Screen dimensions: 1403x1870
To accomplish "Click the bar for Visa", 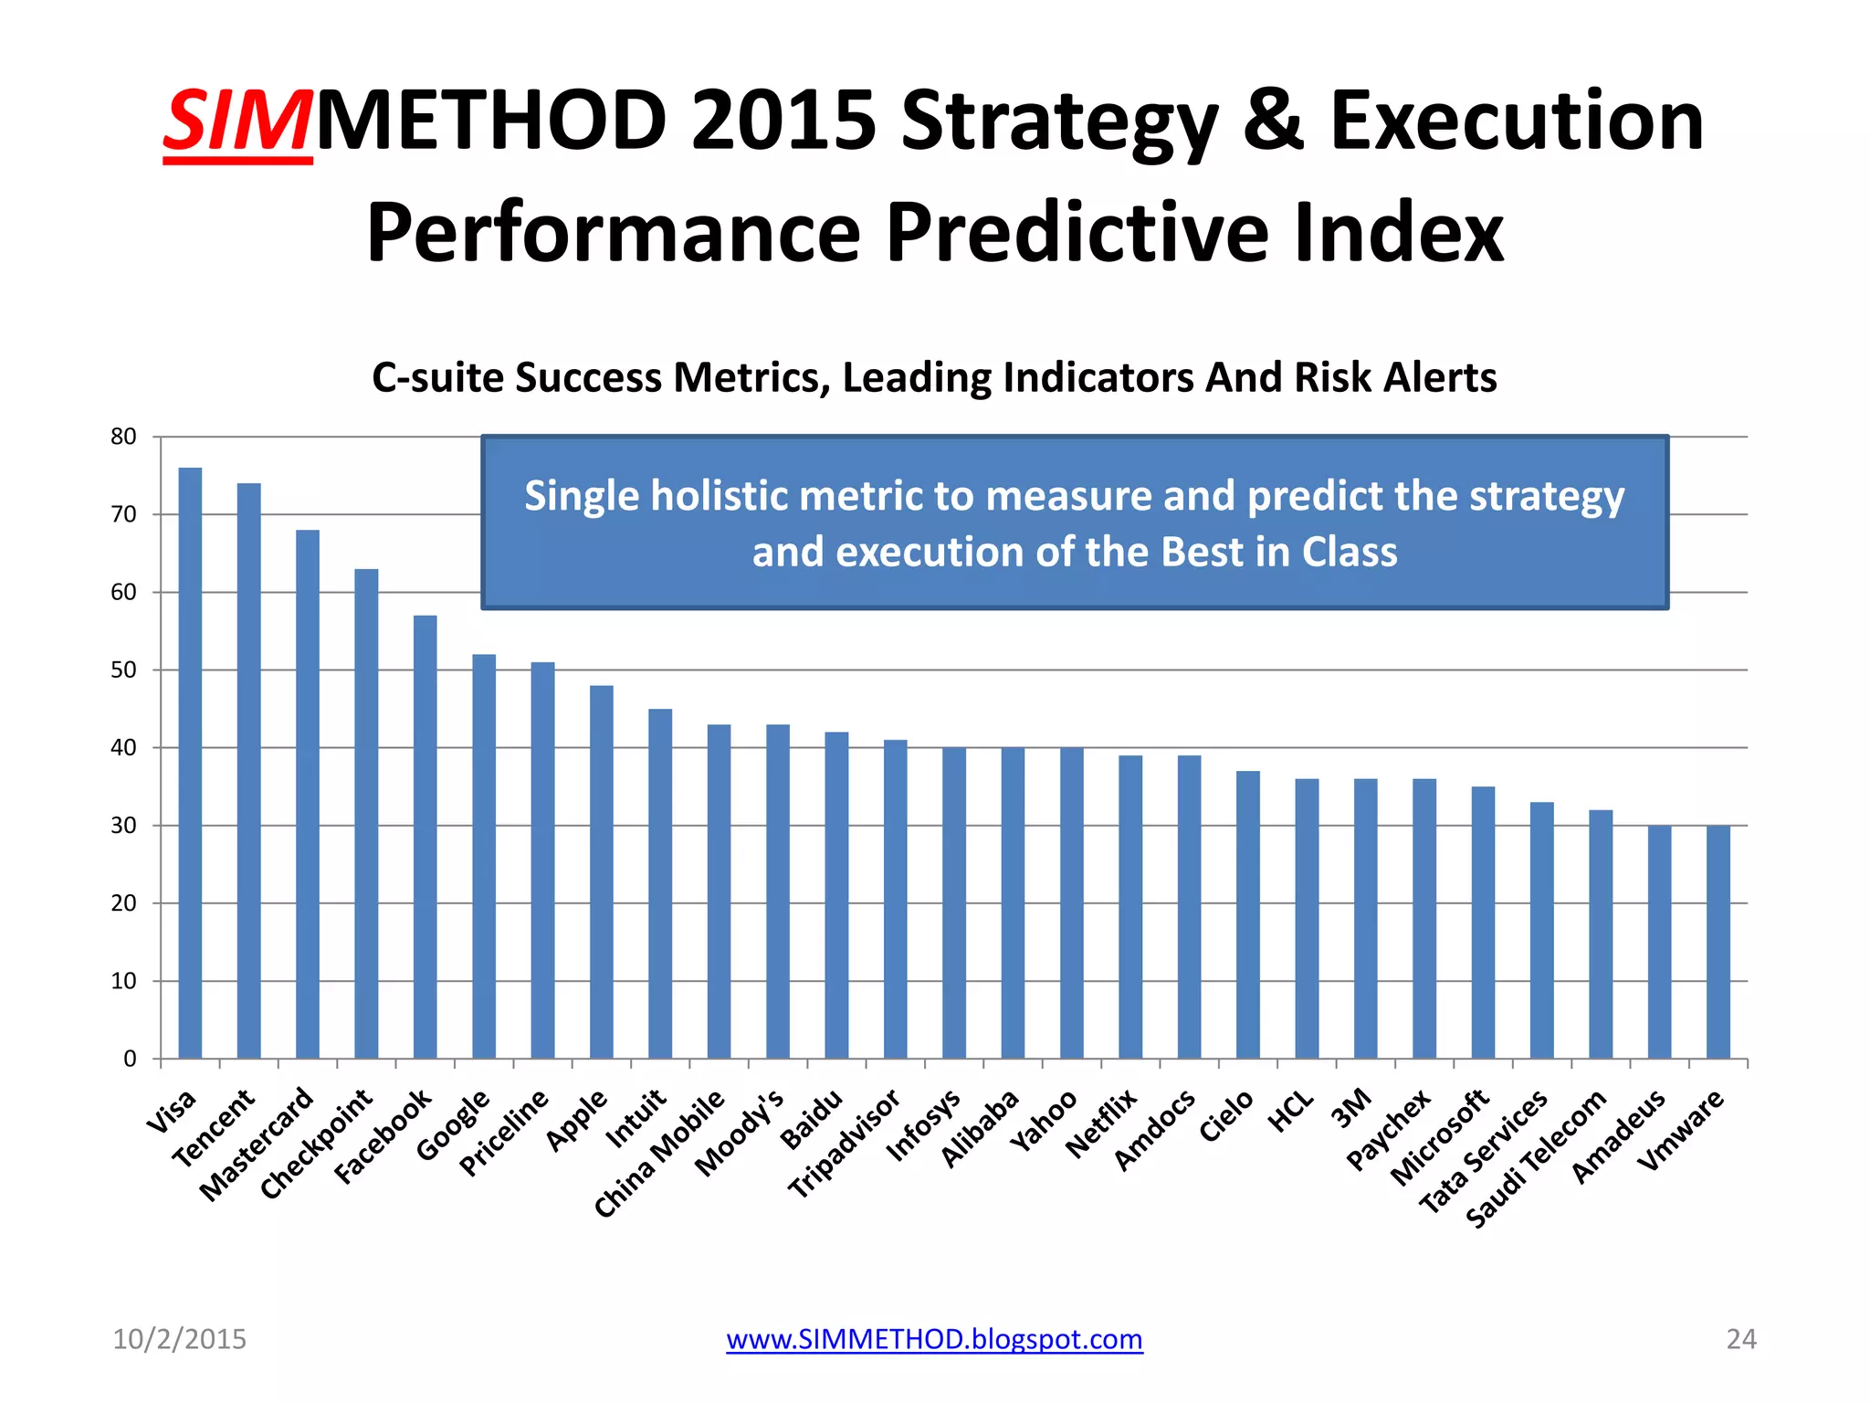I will (190, 763).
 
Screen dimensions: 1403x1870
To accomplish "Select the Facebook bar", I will (425, 837).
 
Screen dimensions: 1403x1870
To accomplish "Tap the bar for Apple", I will (602, 871).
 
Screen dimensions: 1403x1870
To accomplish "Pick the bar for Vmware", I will (1718, 942).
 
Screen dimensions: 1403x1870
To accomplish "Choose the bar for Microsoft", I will (1483, 922).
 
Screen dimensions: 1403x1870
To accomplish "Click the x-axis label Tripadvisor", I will (844, 1144).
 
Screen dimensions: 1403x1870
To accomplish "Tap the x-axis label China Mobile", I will (659, 1154).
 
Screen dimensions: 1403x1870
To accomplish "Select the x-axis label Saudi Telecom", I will (1536, 1158).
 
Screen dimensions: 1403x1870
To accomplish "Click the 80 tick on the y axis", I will (123, 437).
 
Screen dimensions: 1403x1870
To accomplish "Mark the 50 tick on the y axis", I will (123, 670).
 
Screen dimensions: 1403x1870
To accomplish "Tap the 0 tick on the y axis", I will (130, 1059).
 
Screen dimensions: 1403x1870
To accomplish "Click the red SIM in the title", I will (238, 121).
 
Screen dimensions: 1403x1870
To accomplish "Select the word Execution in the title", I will (1517, 121).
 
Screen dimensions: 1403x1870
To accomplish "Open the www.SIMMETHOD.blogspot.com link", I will (934, 1339).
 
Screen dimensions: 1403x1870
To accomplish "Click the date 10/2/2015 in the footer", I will (179, 1339).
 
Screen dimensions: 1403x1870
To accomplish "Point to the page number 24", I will (1740, 1339).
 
